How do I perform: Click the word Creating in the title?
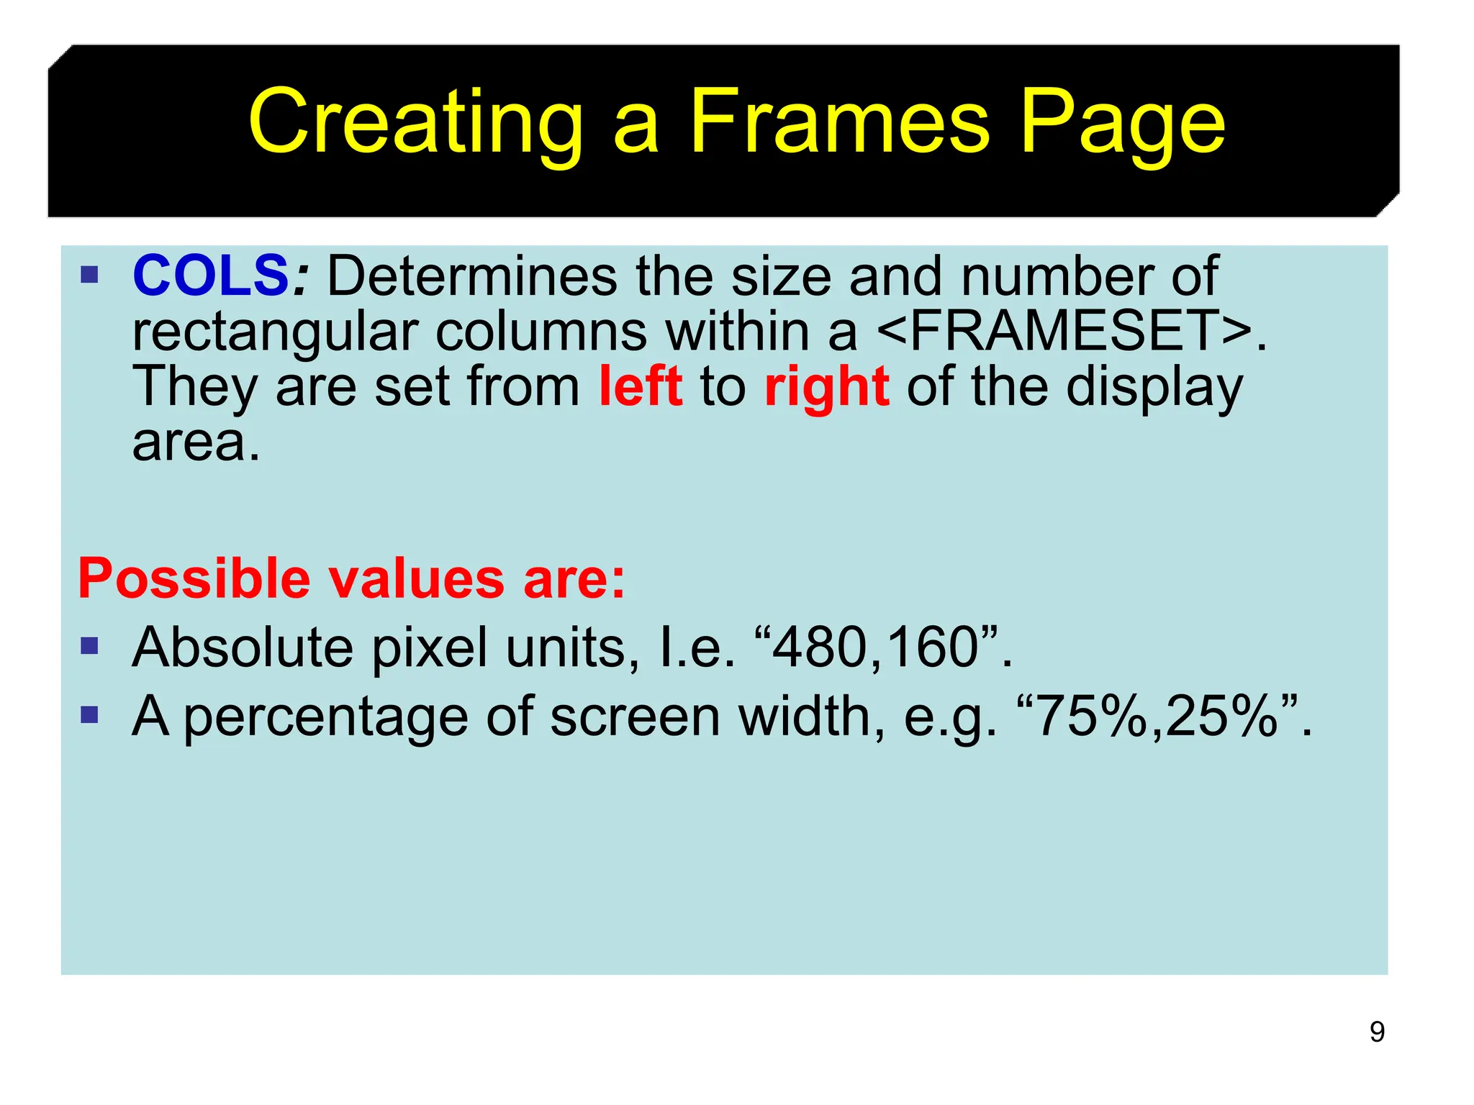(415, 122)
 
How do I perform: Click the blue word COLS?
(210, 276)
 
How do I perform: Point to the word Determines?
(472, 276)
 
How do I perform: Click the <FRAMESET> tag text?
(1065, 331)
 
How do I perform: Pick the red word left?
(641, 386)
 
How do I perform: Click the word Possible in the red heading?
(193, 578)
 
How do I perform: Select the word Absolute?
(242, 647)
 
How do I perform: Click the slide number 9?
(1377, 1032)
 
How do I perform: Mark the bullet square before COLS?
(89, 275)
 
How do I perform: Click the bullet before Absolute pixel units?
(89, 646)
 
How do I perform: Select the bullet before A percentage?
(89, 715)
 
